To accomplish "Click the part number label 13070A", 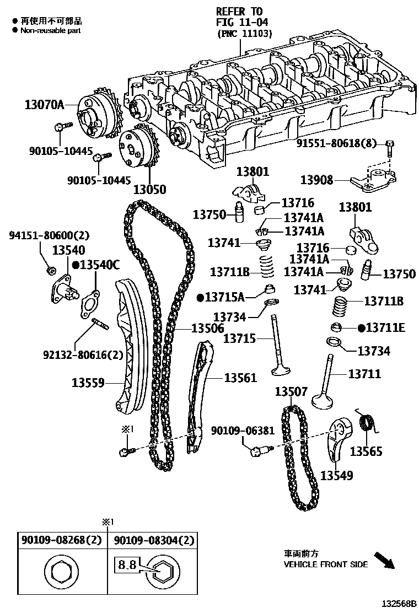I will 44,104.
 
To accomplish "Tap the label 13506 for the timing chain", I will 207,329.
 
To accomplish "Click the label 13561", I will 240,378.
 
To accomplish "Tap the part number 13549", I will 337,475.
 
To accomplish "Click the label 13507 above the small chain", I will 291,392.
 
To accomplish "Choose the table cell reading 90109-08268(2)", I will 62,541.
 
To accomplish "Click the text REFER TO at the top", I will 239,12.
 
